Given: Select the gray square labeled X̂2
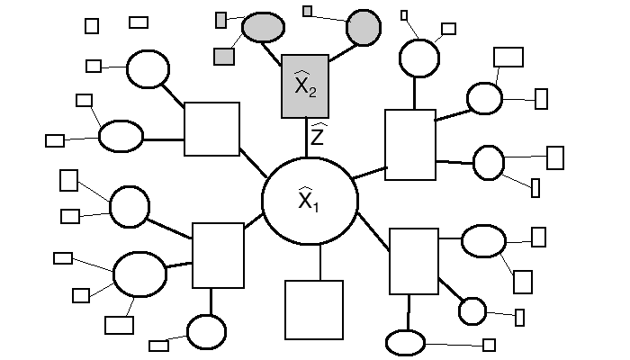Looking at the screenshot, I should (305, 86).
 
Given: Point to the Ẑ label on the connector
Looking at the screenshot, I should (318, 135).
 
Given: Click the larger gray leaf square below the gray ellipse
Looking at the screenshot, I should (224, 57).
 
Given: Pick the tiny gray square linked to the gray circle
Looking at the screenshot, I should (308, 11).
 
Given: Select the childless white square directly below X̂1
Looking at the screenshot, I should (314, 310).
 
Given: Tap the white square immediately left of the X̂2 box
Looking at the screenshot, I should (211, 130).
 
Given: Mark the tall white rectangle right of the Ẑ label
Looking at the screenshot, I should (409, 145).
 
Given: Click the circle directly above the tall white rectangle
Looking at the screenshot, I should (419, 58).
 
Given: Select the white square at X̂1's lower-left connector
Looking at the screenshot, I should (218, 256).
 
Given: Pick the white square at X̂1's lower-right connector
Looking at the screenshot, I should (414, 261).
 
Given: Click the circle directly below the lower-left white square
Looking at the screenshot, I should (207, 332).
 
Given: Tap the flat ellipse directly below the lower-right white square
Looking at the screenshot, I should (405, 343).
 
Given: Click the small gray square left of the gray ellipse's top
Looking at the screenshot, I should (221, 18).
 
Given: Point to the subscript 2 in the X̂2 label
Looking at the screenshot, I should (312, 93).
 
